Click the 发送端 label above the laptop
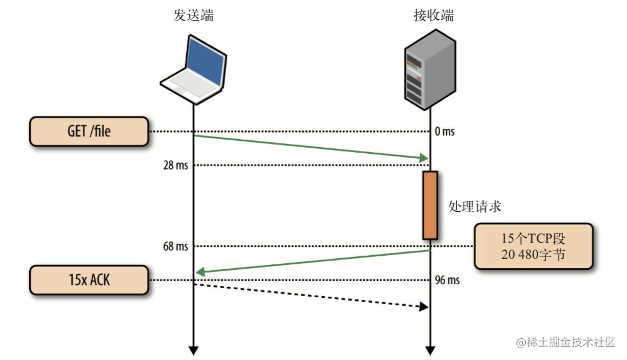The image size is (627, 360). click(x=193, y=16)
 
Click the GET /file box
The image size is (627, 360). click(x=89, y=132)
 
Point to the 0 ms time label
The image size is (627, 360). click(x=444, y=132)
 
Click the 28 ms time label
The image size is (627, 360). click(x=174, y=165)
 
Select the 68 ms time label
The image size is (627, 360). click(x=174, y=246)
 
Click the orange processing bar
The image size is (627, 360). click(x=430, y=205)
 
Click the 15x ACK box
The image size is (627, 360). click(x=89, y=280)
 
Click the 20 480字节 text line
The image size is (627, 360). click(x=533, y=254)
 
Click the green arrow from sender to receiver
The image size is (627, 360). click(x=310, y=147)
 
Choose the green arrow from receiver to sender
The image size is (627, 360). click(x=310, y=261)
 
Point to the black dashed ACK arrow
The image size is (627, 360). click(x=310, y=295)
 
